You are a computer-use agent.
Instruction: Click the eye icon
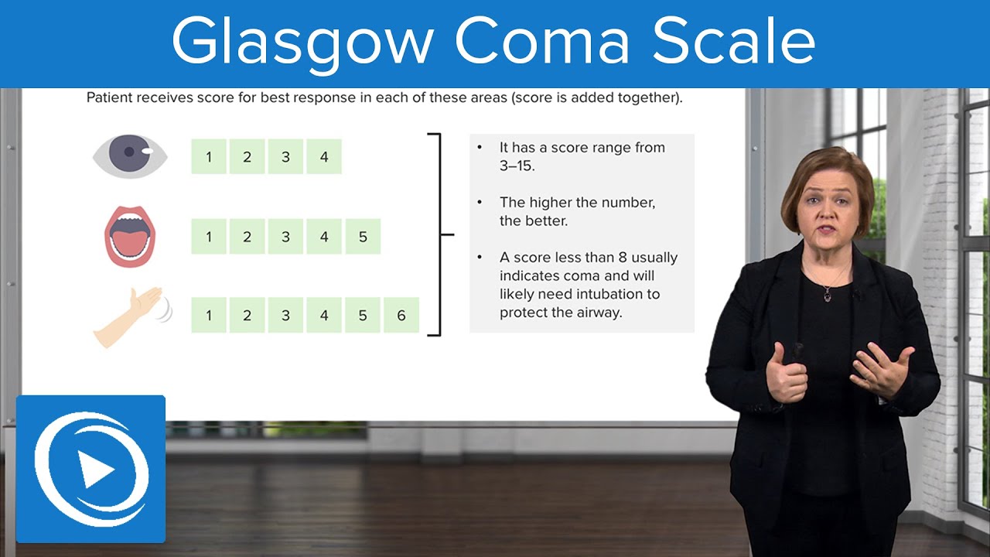130,155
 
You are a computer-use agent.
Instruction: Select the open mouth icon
131,236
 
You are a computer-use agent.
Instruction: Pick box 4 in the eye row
324,157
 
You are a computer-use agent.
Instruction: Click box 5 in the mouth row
363,237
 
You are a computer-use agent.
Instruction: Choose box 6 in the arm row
401,316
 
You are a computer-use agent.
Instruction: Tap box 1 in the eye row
209,157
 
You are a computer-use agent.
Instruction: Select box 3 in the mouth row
285,237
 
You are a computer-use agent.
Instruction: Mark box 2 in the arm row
247,316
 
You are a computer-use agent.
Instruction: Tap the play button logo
91,469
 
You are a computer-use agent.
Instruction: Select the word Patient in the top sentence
109,99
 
